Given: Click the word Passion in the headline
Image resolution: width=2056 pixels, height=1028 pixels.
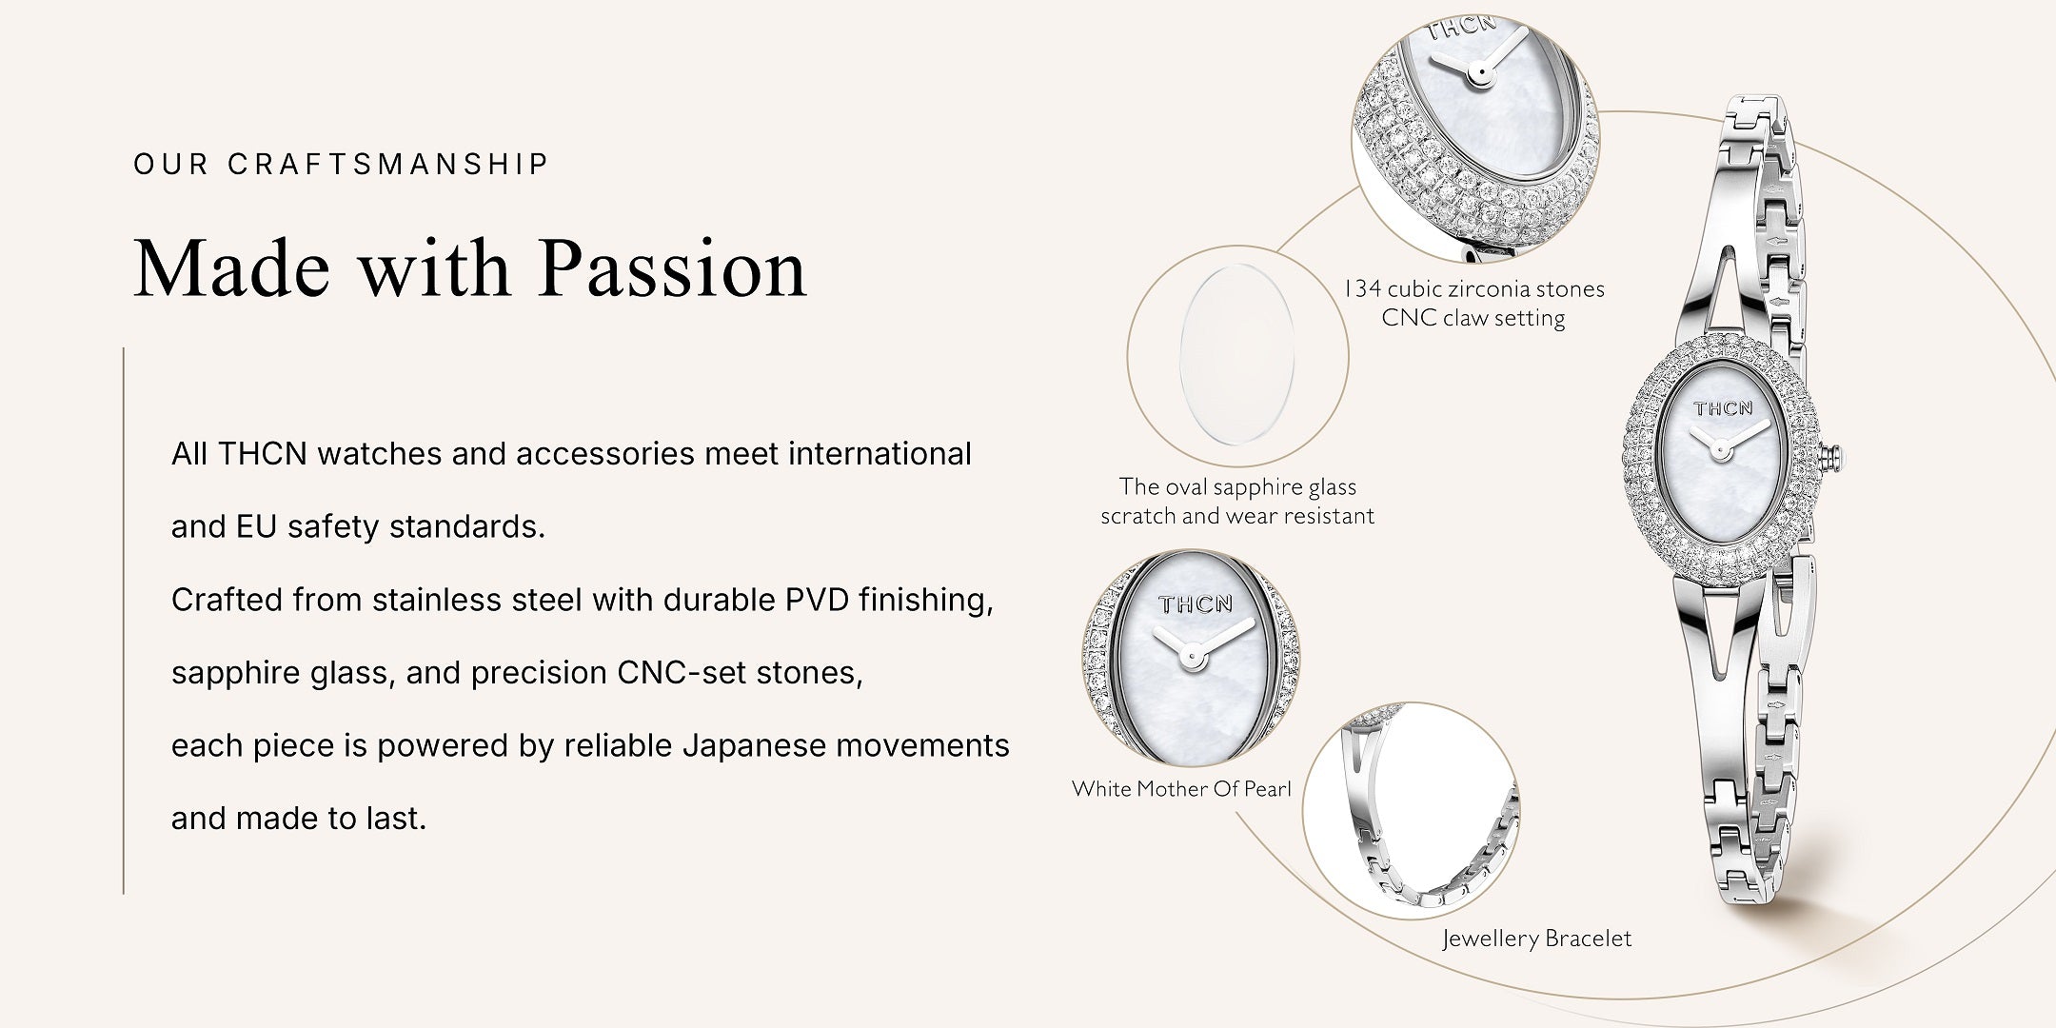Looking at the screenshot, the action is point(673,269).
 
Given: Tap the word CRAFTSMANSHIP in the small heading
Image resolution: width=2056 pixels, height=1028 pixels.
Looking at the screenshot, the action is point(388,164).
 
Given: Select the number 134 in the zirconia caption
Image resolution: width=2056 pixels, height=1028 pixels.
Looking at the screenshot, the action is point(1361,288).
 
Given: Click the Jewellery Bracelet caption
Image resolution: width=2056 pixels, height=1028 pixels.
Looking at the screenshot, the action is point(1536,939).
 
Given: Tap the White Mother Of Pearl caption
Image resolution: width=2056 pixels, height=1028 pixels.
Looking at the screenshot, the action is point(1181,788).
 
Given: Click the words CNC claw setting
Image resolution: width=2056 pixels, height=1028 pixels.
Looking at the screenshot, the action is point(1473,318).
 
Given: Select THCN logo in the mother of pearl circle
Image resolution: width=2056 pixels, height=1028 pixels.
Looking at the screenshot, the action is point(1196,603).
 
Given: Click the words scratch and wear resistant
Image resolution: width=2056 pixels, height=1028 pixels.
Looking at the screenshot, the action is point(1237,516).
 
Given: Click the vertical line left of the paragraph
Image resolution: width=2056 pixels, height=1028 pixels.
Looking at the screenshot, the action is point(124,621).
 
